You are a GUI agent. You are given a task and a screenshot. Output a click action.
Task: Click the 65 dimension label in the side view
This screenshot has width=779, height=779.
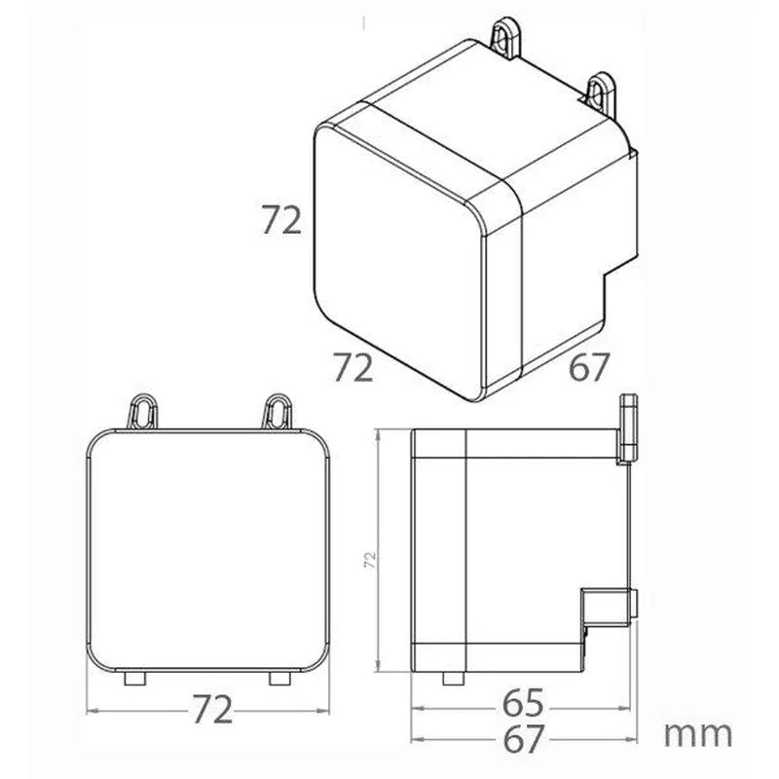coord(523,703)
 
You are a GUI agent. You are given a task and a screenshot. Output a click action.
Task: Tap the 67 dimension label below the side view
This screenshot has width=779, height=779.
coord(523,739)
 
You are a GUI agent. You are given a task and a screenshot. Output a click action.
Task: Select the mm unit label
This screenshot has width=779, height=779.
coord(698,734)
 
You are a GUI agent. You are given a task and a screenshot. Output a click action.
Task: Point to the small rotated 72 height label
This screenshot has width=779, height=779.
coord(370,560)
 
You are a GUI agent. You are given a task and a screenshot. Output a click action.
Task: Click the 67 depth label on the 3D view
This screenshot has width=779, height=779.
coord(588,367)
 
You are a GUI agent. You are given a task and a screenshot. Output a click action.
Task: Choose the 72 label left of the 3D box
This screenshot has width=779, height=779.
coord(281,220)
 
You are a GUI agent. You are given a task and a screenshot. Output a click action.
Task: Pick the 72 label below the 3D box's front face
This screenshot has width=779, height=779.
coord(352,367)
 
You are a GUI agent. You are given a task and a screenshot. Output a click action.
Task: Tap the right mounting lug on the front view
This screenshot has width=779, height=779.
coord(278,411)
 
